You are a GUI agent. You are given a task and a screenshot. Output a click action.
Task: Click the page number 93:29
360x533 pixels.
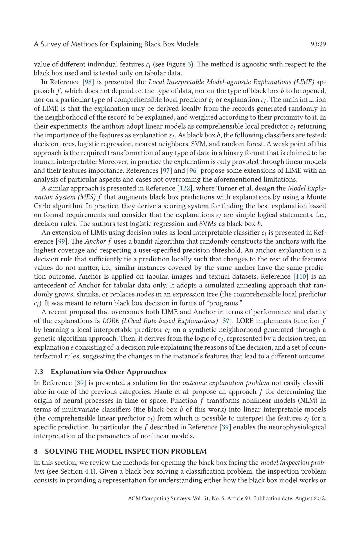click(x=318, y=44)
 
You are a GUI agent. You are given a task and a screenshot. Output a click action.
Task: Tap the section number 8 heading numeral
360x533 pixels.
click(x=36, y=451)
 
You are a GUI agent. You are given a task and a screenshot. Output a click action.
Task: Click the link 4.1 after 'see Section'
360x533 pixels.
click(x=78, y=471)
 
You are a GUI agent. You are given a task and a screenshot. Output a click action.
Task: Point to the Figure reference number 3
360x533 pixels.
click(x=191, y=64)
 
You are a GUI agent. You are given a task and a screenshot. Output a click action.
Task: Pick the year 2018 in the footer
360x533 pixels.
click(x=319, y=499)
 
